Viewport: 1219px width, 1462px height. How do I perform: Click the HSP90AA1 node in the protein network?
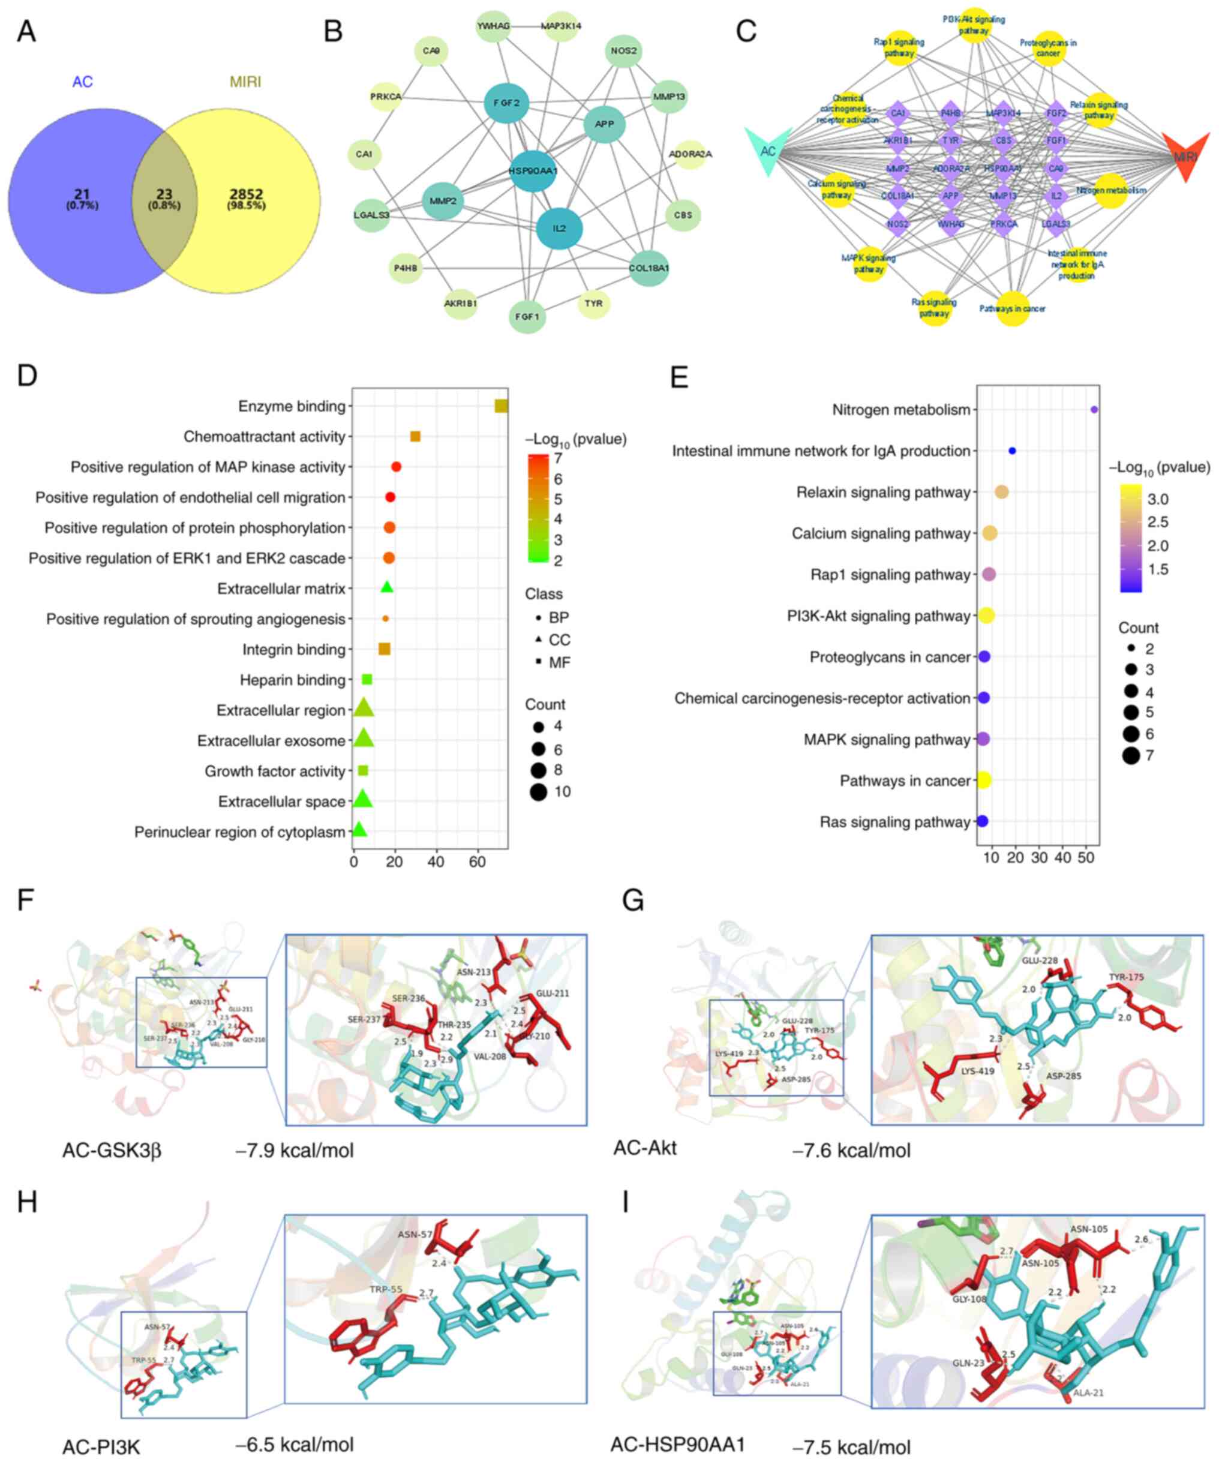coord(533,170)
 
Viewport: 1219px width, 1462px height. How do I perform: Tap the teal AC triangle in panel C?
coord(768,151)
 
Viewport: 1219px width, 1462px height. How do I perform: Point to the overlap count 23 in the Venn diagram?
coord(164,195)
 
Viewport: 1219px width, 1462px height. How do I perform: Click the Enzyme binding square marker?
coord(500,406)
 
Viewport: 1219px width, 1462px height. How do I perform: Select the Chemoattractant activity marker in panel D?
coord(415,437)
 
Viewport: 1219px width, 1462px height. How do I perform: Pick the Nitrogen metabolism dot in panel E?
coord(1094,410)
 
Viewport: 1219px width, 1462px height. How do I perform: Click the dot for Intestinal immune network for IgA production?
coord(1012,451)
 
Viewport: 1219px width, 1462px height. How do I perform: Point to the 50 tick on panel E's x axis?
coord(1086,858)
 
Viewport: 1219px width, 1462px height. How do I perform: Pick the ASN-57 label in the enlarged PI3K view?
coord(415,1235)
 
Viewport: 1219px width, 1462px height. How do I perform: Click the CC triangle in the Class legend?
coord(539,640)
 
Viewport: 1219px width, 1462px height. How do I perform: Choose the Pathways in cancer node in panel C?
coord(1013,308)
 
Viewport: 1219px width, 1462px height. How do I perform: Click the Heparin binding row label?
coord(292,680)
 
